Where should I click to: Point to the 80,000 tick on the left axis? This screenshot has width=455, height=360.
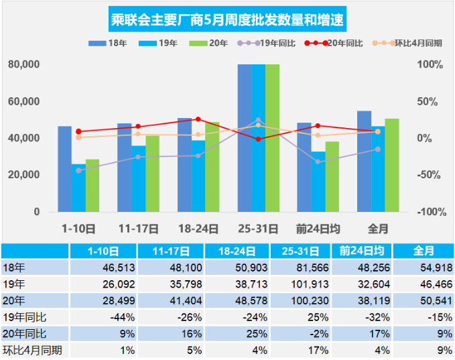tap(25, 65)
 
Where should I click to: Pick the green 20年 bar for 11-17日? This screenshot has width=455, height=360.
tap(152, 174)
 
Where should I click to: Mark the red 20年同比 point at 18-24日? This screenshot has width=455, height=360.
tap(198, 119)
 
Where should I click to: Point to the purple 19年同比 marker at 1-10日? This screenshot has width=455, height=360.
tap(78, 170)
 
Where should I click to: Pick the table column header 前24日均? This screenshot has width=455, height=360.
tap(361, 251)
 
